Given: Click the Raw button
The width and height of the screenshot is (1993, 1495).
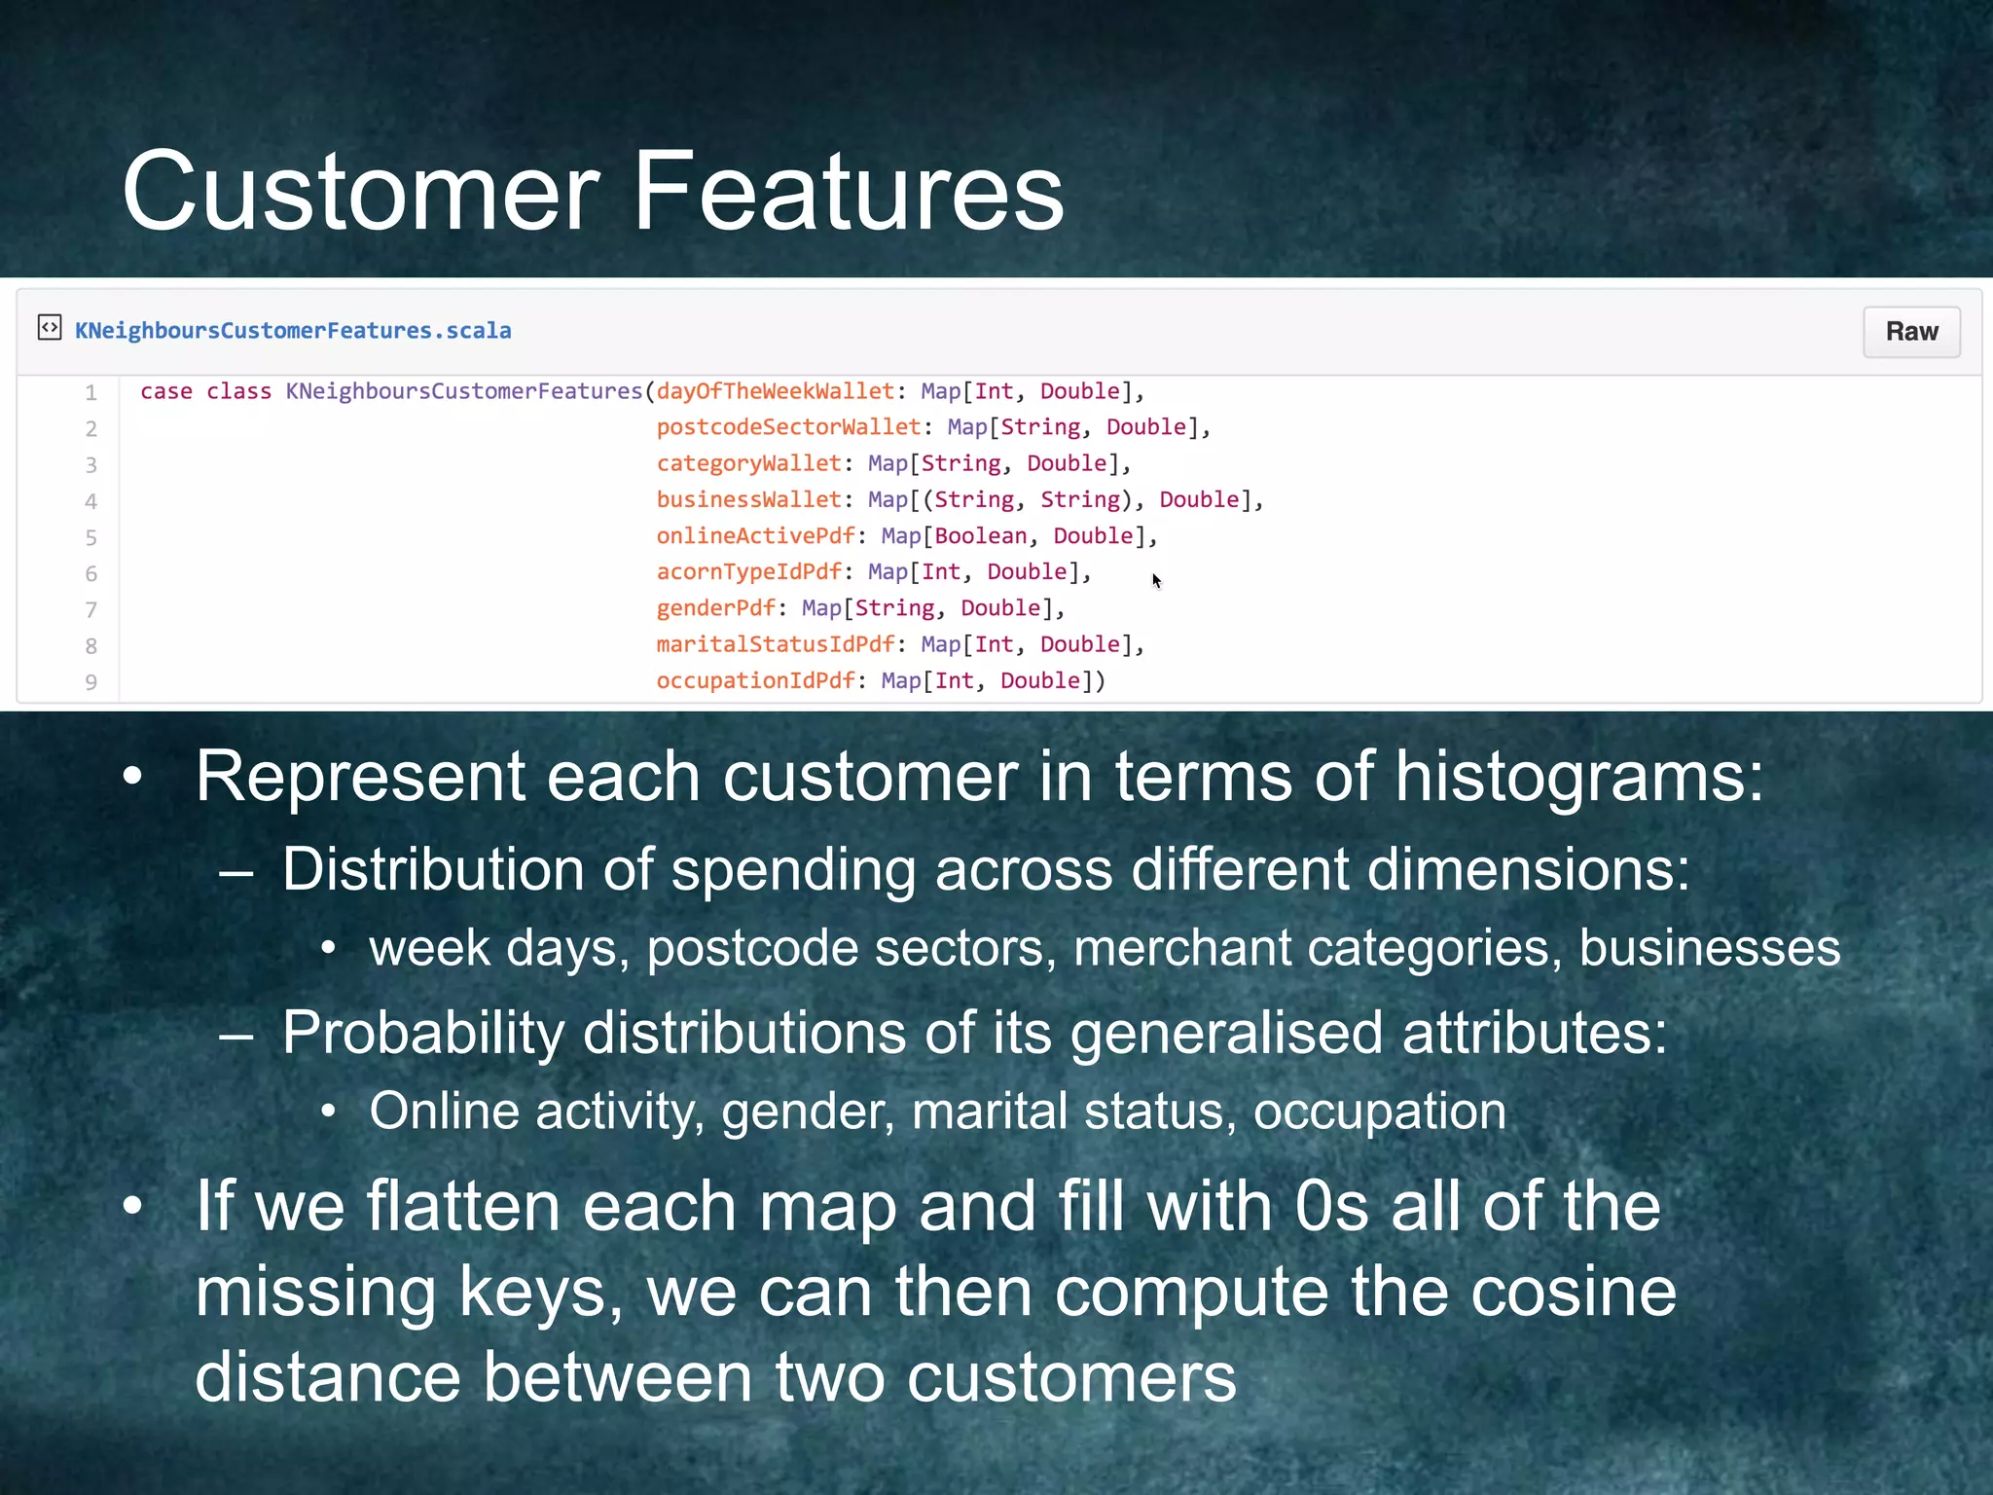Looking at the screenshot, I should coord(1910,332).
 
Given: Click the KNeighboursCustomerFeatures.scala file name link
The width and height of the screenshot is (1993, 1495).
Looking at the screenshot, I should coord(293,331).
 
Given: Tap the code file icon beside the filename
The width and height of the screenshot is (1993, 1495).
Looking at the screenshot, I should coord(50,328).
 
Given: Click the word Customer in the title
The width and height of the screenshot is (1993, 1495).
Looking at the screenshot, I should coord(361,192).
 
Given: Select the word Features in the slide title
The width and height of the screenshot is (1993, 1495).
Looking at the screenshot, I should coord(848,192).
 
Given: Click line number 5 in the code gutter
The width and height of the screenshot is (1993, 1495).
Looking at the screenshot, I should coord(91,538).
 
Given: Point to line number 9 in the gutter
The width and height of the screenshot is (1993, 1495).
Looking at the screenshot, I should coord(91,682).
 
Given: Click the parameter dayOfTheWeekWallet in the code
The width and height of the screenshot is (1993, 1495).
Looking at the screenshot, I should coord(775,391).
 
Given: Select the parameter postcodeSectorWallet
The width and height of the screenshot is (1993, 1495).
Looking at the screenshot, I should coord(788,427).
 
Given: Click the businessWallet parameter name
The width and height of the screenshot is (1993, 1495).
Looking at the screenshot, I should coord(748,500).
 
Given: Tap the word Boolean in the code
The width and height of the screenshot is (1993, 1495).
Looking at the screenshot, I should coord(981,536).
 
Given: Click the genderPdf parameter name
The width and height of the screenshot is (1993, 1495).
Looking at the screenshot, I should coord(715,609).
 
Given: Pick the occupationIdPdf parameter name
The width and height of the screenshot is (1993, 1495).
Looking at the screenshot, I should coord(755,681).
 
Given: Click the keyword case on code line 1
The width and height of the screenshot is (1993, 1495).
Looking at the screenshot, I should coord(165,391).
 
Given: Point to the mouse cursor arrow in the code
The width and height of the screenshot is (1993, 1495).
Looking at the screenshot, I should coord(1155,580).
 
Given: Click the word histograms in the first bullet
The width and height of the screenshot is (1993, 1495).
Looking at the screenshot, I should coord(1578,778).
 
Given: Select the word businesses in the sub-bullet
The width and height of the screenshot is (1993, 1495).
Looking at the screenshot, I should coord(1709,948).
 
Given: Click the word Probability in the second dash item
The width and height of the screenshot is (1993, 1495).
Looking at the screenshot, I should coord(422,1033).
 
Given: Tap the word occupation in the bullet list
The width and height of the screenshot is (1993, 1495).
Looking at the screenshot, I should coord(1379,1112).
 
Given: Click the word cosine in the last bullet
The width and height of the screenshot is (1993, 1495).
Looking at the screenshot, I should coord(1573,1293).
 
